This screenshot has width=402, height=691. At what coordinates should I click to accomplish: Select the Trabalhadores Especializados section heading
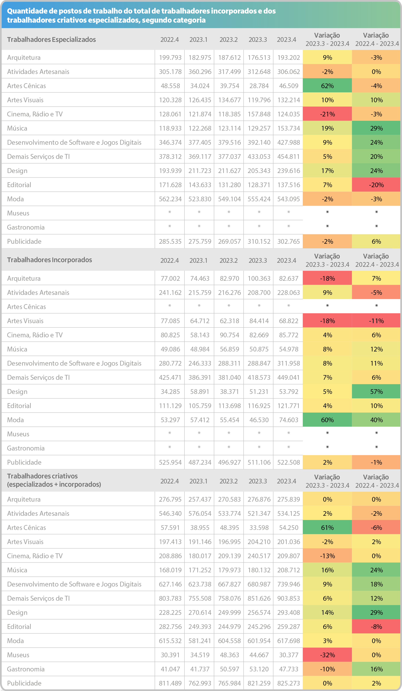click(52, 39)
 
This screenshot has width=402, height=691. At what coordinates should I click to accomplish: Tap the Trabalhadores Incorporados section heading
click(50, 260)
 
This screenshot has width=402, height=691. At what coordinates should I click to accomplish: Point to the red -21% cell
click(327, 114)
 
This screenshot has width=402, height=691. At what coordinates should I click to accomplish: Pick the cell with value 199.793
click(170, 58)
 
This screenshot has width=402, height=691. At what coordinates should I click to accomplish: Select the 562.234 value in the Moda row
click(170, 199)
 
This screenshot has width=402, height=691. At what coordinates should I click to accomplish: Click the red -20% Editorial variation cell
click(376, 185)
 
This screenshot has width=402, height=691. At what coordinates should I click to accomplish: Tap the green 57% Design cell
click(376, 391)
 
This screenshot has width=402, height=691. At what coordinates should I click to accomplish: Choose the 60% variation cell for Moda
click(327, 420)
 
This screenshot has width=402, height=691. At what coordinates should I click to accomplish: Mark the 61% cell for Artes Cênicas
click(327, 527)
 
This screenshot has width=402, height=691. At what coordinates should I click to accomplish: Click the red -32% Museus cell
click(327, 655)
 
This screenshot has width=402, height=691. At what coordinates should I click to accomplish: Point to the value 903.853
click(288, 598)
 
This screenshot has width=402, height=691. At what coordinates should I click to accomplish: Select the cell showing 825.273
click(288, 683)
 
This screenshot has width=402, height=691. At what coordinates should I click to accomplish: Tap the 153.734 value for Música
click(288, 128)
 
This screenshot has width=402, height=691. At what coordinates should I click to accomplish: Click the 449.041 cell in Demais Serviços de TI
click(288, 377)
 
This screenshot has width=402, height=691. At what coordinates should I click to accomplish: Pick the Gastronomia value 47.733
click(288, 669)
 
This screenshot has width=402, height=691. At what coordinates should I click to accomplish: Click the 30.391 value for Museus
click(170, 655)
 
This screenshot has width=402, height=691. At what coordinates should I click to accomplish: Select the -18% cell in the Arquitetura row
click(327, 278)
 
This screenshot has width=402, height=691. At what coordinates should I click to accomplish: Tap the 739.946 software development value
click(288, 584)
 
